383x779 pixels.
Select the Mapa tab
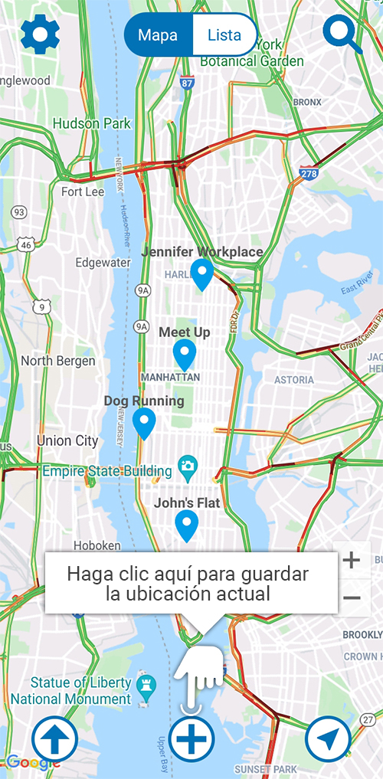coord(159,35)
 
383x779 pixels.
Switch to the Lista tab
coord(224,35)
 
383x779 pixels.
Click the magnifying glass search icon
coord(342,34)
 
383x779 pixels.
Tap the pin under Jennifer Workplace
coord(202,274)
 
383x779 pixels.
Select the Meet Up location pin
coord(185,355)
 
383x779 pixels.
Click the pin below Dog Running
coord(144,423)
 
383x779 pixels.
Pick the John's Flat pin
coord(187,525)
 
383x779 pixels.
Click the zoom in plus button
coord(352,560)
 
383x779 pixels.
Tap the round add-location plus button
coord(191,739)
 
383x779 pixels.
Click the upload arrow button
coord(55,741)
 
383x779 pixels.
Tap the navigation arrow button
coord(328,740)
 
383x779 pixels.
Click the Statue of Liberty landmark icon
coord(146,684)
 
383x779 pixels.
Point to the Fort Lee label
coord(83,191)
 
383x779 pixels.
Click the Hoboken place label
coord(97,545)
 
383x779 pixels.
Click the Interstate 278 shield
coord(309,173)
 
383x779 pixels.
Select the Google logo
coord(33,762)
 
